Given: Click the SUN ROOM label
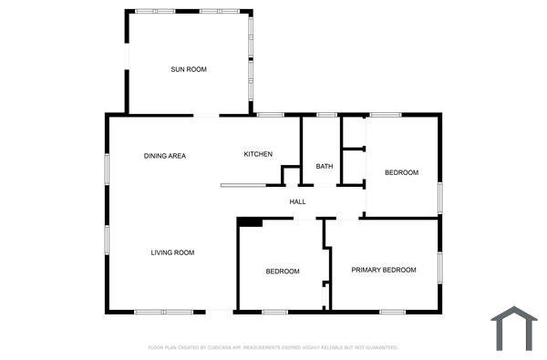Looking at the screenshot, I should (x=188, y=69).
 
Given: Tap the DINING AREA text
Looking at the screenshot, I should (x=165, y=156).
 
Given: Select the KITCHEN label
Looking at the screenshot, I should (x=258, y=154).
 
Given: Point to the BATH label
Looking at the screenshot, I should (x=324, y=167).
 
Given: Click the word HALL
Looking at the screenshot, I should (x=297, y=201).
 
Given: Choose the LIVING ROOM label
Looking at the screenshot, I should (x=172, y=252).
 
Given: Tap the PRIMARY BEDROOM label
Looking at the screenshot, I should (x=384, y=270).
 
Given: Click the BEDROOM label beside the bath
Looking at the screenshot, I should (x=401, y=173).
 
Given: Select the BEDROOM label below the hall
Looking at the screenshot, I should (x=283, y=272).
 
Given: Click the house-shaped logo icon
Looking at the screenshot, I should (x=514, y=328).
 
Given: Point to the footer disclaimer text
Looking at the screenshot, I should (x=273, y=347).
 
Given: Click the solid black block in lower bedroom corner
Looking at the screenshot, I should (x=250, y=221).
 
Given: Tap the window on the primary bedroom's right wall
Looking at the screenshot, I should (x=439, y=266).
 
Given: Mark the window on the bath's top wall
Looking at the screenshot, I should (x=326, y=115).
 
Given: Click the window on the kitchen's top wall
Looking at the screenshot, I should (x=270, y=115).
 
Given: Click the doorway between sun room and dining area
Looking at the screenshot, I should (x=206, y=115).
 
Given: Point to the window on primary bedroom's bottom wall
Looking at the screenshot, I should (x=392, y=313).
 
